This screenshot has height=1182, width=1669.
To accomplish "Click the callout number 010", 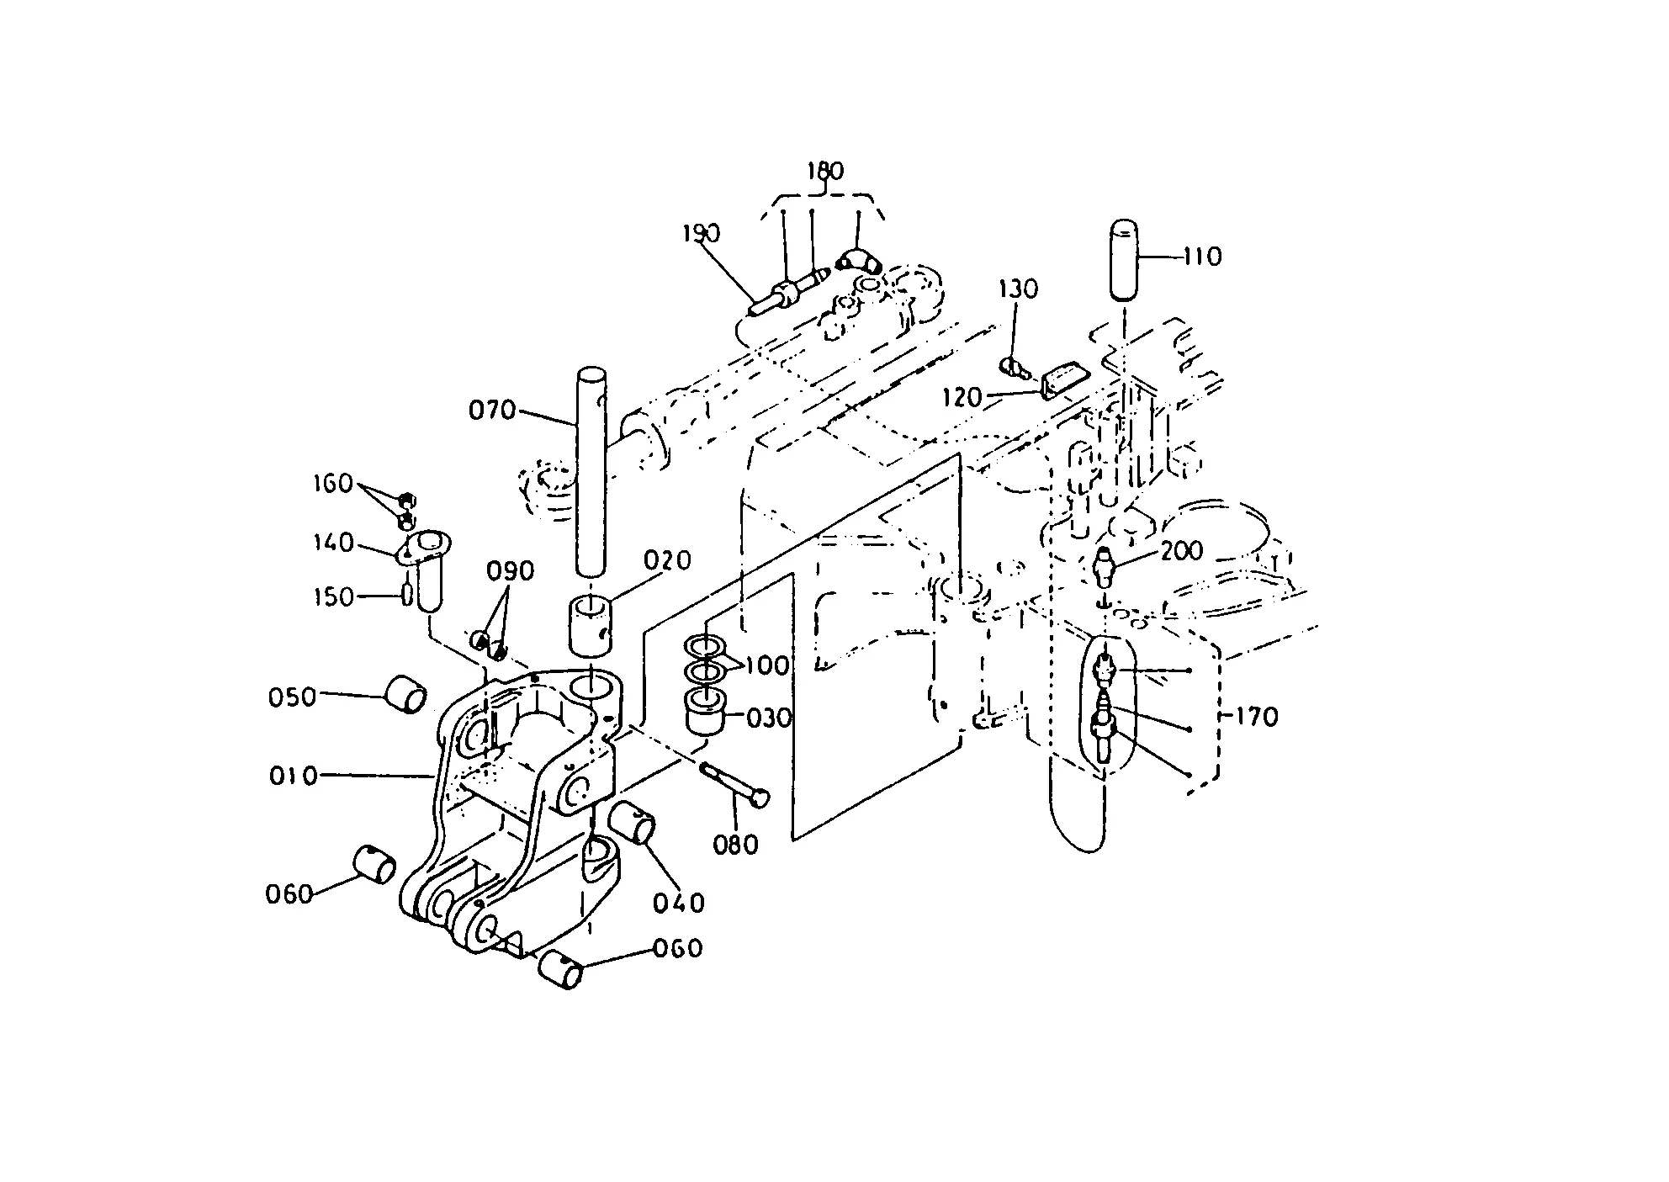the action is click(294, 775).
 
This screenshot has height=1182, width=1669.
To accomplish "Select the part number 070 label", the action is click(493, 411).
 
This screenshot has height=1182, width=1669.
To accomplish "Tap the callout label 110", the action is click(1202, 256).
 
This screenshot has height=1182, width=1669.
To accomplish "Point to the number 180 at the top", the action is click(824, 171).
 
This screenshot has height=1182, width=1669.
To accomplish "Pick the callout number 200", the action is click(1182, 551).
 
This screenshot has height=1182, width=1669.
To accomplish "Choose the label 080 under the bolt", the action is click(736, 844).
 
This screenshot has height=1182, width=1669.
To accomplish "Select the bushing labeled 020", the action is click(591, 624).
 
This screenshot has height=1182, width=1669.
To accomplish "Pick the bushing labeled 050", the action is click(406, 693).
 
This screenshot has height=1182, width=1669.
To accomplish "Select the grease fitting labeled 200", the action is click(1105, 566).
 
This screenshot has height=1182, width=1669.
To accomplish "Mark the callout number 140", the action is click(333, 543).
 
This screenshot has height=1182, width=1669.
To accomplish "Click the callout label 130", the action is click(1018, 289).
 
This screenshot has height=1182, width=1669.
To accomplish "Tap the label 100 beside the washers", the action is click(768, 665).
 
